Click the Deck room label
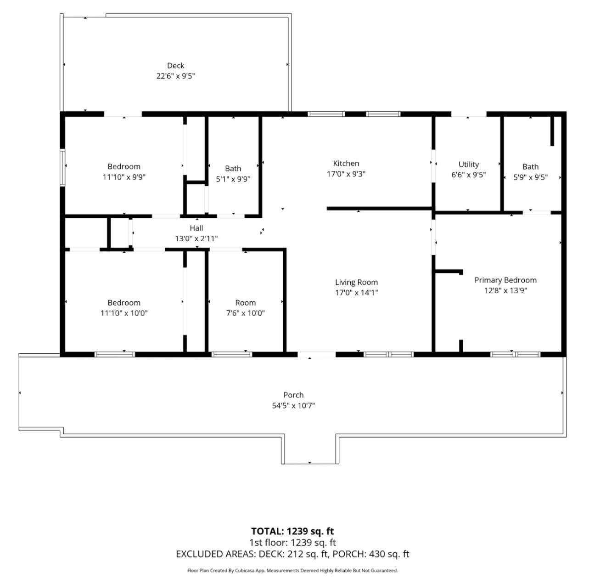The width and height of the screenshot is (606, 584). (x=176, y=65)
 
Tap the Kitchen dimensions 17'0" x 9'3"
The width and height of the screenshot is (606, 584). (x=346, y=174)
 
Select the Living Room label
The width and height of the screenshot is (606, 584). (x=356, y=282)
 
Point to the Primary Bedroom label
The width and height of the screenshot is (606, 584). (x=505, y=280)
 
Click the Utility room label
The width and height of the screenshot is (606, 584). (x=469, y=164)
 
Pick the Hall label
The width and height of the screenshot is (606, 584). (x=196, y=228)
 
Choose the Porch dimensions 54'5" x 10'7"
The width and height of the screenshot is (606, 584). (x=293, y=405)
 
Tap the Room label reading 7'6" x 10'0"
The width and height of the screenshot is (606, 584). (x=246, y=303)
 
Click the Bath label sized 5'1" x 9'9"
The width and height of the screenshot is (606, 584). (x=233, y=169)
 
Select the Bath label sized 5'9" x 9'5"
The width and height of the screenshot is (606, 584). (x=530, y=167)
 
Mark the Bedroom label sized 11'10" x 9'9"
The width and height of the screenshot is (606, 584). (x=124, y=166)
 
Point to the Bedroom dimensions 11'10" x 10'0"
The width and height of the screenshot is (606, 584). (x=124, y=313)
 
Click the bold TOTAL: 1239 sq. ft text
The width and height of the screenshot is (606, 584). (x=292, y=531)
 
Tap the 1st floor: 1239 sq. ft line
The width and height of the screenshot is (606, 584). (x=292, y=543)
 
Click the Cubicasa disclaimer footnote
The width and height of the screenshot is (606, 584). (x=292, y=571)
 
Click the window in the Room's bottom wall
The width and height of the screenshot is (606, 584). (x=232, y=354)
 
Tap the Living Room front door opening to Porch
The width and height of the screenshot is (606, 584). (x=316, y=354)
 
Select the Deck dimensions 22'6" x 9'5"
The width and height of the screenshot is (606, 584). (x=176, y=76)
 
